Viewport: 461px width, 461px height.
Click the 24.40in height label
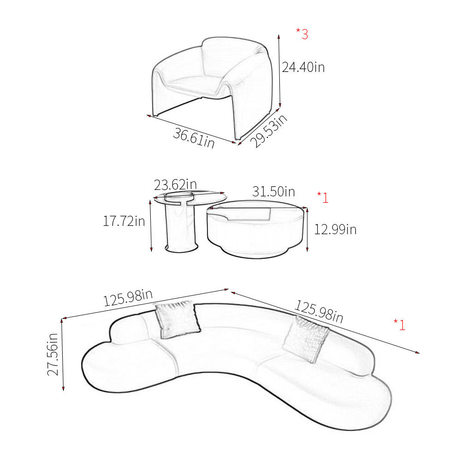click(x=303, y=67)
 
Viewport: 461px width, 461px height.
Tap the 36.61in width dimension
click(x=194, y=138)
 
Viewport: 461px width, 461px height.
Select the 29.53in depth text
click(x=268, y=130)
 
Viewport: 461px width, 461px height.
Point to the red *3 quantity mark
click(x=302, y=34)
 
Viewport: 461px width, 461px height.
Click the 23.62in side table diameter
click(x=175, y=185)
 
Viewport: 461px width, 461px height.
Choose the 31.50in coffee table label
click(x=273, y=192)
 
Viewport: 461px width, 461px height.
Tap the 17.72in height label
click(x=124, y=221)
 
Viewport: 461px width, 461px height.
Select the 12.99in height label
click(x=335, y=229)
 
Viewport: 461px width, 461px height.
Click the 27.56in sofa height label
click(x=53, y=354)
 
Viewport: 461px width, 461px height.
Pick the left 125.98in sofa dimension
click(x=128, y=298)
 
